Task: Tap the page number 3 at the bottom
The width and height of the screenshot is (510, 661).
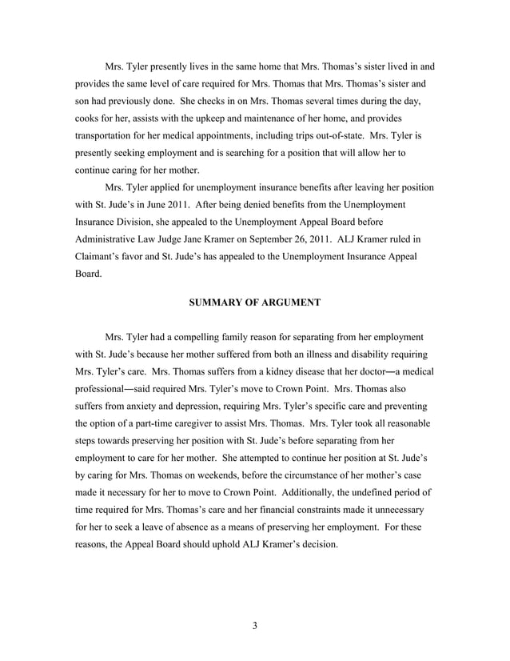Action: coord(254,625)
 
